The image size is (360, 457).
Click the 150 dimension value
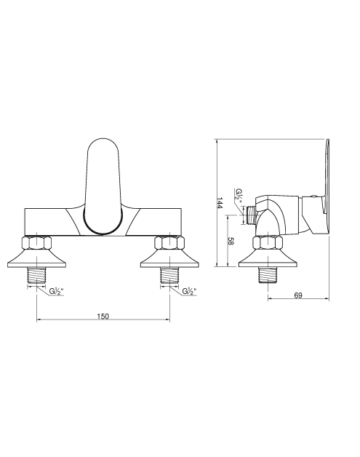tap(103, 317)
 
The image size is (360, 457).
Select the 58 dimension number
tap(231, 242)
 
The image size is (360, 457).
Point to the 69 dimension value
tap(298, 295)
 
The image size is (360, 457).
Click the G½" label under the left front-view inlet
tap(56, 291)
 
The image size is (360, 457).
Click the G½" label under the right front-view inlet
tap(189, 291)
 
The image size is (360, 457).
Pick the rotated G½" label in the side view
tap(239, 194)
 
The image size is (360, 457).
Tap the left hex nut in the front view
tap(36, 243)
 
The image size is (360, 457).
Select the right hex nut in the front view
tap(169, 243)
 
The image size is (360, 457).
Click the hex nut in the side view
tap(268, 243)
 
